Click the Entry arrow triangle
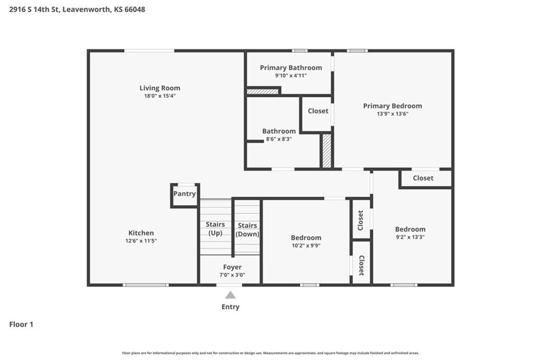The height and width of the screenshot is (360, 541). tap(230, 295)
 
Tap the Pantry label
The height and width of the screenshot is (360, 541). tap(184, 193)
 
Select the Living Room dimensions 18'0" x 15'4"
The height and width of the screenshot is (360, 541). tap(160, 96)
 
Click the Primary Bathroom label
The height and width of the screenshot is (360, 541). tap(291, 68)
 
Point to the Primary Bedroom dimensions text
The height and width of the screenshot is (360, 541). tap(393, 114)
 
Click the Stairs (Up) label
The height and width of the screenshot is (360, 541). tap(216, 228)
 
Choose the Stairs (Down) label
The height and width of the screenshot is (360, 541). tap(247, 229)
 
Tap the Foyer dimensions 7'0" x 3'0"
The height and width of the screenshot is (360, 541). tap(232, 275)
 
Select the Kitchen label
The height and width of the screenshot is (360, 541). tap(141, 233)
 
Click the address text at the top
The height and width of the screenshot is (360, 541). tap(77, 10)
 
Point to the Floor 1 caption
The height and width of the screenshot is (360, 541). tap(21, 325)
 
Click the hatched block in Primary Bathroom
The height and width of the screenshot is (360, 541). tap(263, 91)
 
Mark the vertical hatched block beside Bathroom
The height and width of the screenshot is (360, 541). tap(327, 151)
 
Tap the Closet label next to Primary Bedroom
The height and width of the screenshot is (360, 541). tap(318, 111)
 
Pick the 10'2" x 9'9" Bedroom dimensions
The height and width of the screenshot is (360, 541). tap(306, 246)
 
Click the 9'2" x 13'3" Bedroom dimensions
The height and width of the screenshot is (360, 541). tap(410, 237)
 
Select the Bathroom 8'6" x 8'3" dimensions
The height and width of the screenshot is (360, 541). tap(279, 139)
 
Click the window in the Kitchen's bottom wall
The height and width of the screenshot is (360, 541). tap(146, 285)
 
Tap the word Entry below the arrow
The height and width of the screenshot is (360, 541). tap(230, 307)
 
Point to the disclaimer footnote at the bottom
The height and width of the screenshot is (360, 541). tap(270, 353)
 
